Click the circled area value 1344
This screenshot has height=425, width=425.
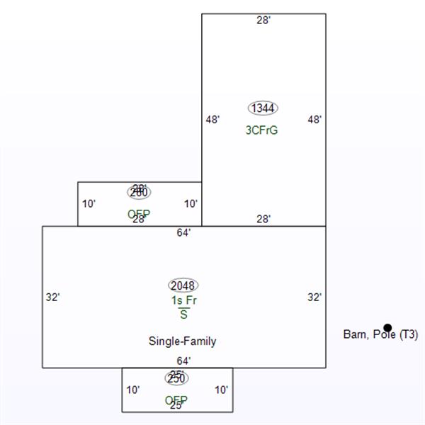(x=263, y=108)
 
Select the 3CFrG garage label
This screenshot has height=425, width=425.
(x=261, y=130)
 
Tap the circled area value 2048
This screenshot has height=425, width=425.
(x=183, y=285)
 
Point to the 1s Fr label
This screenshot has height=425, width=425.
(x=183, y=300)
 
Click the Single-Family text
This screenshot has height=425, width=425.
(x=182, y=341)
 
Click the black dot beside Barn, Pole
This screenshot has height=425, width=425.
(x=387, y=327)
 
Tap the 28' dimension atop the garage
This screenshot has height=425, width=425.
(x=263, y=21)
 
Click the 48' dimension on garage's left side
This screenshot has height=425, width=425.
(x=212, y=120)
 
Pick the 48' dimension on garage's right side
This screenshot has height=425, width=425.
(x=314, y=120)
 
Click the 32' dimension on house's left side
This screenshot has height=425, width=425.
(x=52, y=297)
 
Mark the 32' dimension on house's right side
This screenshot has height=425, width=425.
(x=314, y=297)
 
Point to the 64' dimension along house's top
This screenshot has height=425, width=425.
(x=183, y=232)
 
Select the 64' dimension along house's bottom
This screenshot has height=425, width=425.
(x=183, y=361)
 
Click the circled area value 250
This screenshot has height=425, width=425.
(x=176, y=378)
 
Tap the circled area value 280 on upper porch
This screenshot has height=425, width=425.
(x=139, y=192)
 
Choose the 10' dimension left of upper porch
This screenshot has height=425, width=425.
(x=89, y=204)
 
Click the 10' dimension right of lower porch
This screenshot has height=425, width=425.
(x=221, y=390)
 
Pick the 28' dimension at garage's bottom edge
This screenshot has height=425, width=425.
(x=263, y=220)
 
